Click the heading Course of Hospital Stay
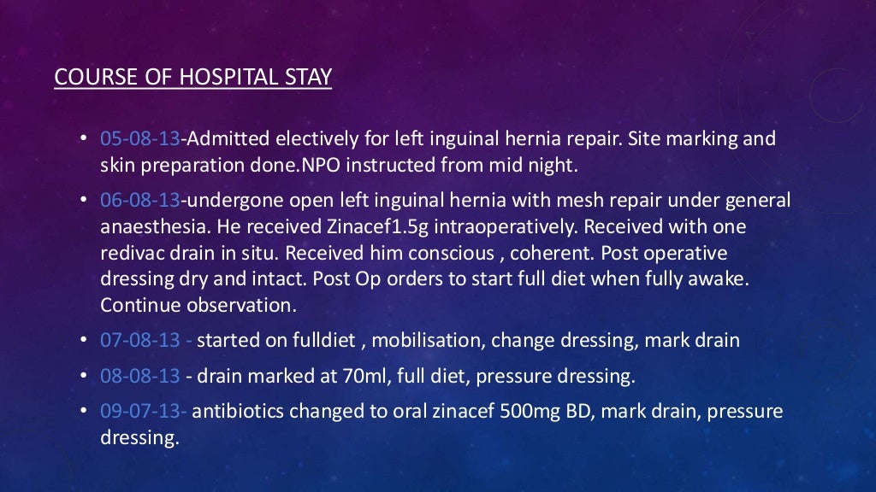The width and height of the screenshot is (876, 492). point(192,77)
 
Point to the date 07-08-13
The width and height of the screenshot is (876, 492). point(140,341)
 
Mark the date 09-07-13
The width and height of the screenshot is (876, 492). point(140,411)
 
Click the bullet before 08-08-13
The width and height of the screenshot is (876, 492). point(83,376)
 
